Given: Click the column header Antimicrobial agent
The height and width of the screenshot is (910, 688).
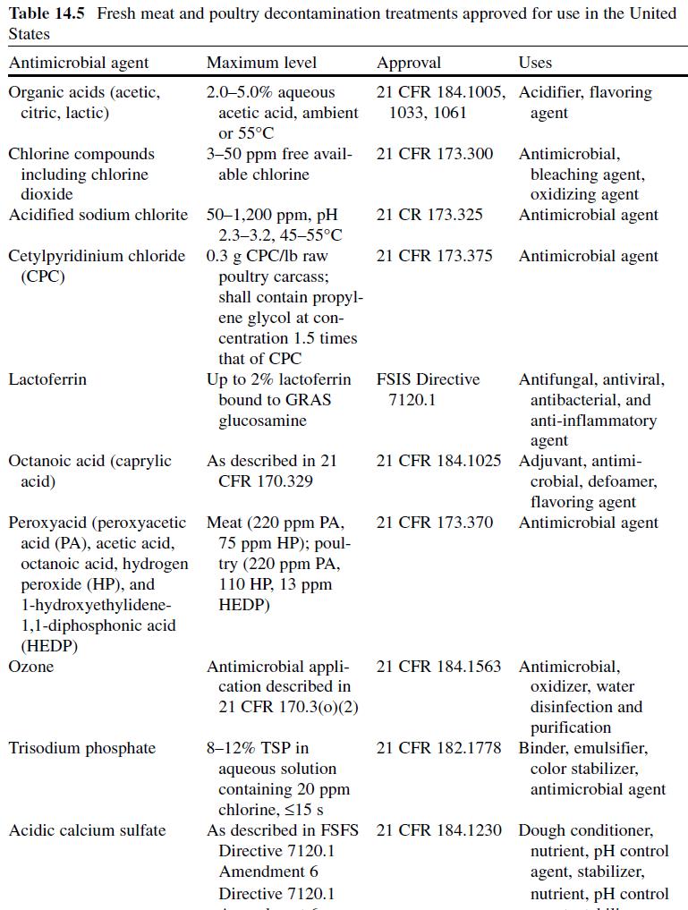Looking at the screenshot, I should [79, 63].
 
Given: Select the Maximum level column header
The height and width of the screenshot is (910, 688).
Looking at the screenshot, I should [261, 63].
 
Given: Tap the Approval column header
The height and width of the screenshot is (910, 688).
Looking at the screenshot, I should [409, 63].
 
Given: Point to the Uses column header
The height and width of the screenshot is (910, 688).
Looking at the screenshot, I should [535, 63].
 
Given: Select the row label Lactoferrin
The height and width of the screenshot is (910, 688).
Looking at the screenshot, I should [47, 379].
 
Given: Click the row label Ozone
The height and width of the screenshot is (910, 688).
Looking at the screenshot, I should [30, 667].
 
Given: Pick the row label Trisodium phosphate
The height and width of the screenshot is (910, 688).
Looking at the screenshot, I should [82, 748].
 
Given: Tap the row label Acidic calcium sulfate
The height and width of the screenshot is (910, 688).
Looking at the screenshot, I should [87, 830].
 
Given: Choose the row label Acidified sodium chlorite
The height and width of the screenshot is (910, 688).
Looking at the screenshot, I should [98, 215].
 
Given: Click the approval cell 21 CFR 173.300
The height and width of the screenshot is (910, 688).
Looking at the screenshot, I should [435, 154].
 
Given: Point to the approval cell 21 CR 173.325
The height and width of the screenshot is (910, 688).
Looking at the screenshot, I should [429, 215].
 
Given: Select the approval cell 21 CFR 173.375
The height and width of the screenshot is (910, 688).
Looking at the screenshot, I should [435, 256].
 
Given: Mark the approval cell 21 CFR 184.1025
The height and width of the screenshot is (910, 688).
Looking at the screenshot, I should [438, 461].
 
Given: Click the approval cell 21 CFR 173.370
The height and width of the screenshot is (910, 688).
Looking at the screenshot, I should [435, 523].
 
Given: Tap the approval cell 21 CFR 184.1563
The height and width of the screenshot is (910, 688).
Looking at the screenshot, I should [438, 667].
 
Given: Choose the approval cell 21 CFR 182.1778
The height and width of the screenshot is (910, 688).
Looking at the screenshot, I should [438, 748].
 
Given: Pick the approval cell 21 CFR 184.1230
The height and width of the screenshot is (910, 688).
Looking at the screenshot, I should [438, 830].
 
